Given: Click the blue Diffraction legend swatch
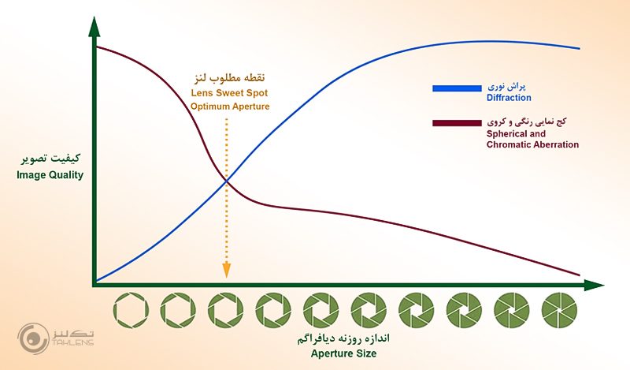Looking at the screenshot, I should [x=456, y=88].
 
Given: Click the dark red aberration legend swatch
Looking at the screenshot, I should [x=456, y=123].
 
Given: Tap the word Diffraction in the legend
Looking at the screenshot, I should [x=509, y=98].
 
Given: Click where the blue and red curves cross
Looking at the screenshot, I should [x=227, y=182].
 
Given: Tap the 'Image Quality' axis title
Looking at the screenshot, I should [x=50, y=175].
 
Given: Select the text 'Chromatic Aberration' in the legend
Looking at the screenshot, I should [x=532, y=145].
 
